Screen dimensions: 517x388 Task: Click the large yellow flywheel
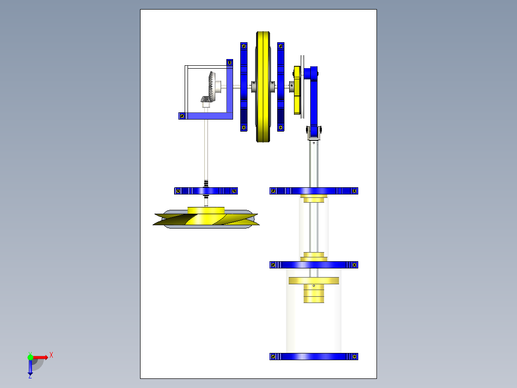[x=263, y=87]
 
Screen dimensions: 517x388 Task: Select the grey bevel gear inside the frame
[x=210, y=86]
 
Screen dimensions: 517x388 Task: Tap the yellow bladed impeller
[x=206, y=218]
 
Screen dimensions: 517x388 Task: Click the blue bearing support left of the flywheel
[x=244, y=87]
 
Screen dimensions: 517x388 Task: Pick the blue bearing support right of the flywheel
[x=281, y=87]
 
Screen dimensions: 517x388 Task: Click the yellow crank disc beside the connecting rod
[x=297, y=90]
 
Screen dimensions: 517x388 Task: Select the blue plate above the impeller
[x=206, y=191]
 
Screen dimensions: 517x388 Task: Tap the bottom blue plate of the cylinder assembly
[x=314, y=356]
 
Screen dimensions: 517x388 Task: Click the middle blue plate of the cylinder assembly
[x=314, y=265]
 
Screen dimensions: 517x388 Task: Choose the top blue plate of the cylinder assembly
[x=314, y=191]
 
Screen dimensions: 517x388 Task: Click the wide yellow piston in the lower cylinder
[x=314, y=281]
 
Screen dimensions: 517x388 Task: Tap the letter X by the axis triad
[x=51, y=355]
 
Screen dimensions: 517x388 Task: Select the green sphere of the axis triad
[x=30, y=357]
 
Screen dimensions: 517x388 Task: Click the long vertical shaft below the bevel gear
[x=206, y=150]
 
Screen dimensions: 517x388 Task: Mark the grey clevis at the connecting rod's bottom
[x=314, y=133]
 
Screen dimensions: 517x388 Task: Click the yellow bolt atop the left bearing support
[x=244, y=46]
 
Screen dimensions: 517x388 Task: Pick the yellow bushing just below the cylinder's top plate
[x=314, y=198]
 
